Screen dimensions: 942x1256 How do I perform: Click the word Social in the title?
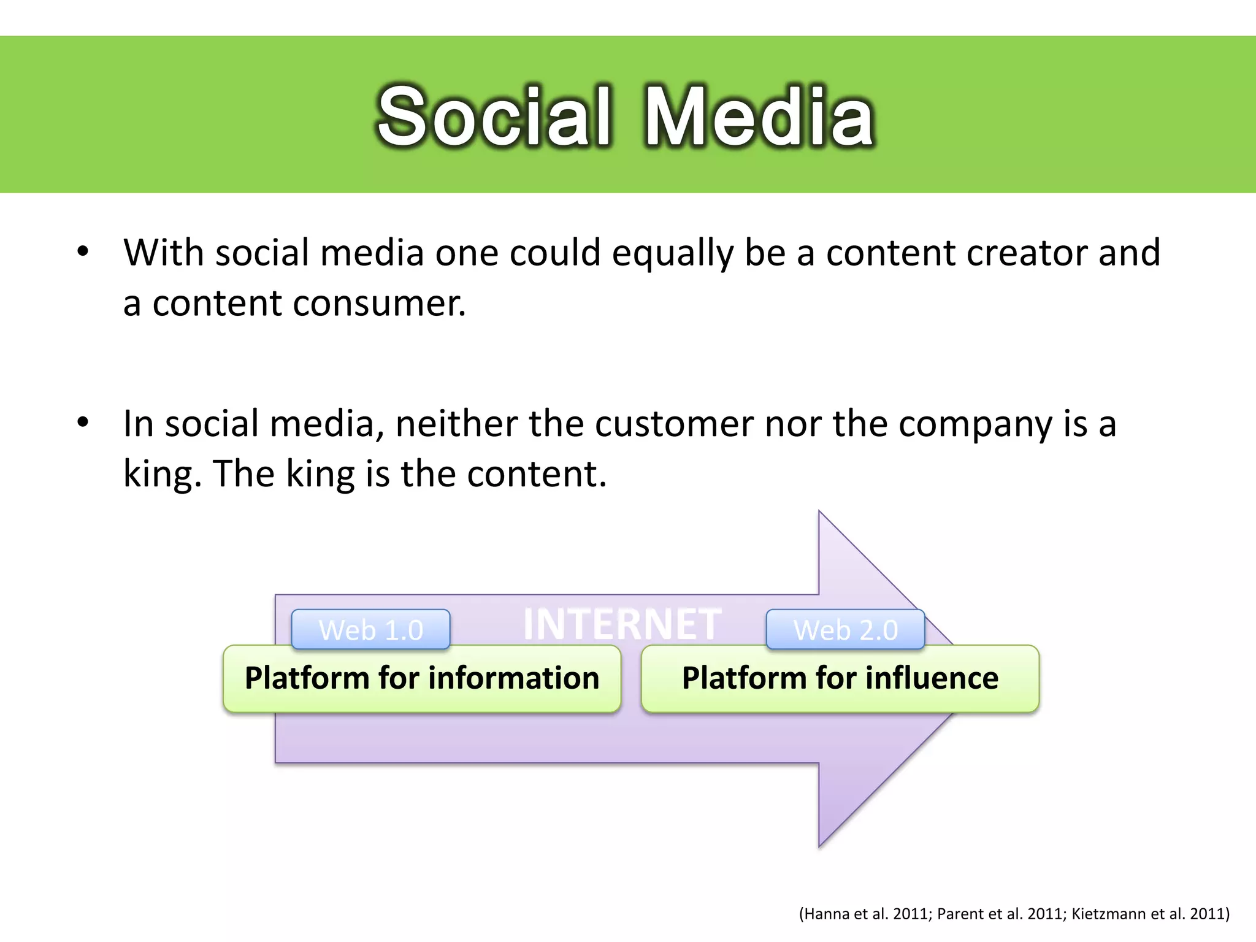pos(494,117)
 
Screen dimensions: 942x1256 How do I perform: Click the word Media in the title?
pos(759,117)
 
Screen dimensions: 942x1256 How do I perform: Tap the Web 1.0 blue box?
pos(370,630)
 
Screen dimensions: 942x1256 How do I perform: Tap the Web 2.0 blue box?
pos(845,630)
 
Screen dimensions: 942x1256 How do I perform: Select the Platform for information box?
pos(422,678)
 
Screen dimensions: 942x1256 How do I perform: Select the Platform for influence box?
pos(840,678)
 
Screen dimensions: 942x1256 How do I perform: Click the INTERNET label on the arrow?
pos(622,624)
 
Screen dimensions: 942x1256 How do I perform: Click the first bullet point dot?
pos(83,252)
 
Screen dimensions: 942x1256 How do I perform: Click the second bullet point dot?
pos(83,423)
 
